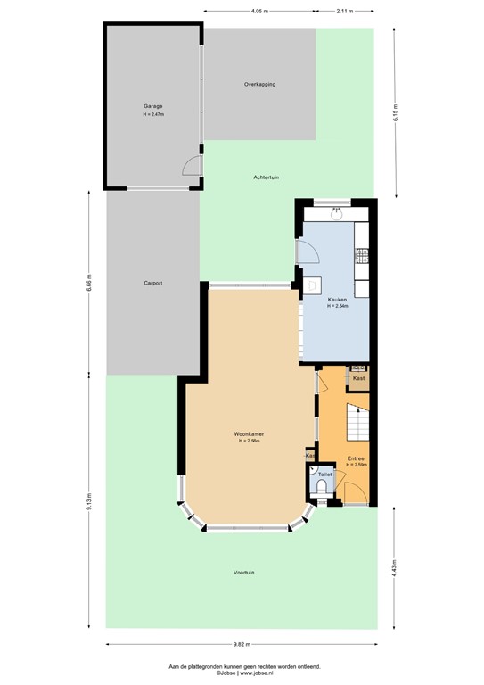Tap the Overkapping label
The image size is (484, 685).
point(259,84)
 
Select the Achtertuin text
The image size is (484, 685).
point(266,177)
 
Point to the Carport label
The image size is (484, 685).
point(152,283)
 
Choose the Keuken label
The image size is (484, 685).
point(337,300)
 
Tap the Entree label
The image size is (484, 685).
point(357,458)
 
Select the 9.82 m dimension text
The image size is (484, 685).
point(242,643)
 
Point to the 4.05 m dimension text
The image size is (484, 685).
point(259,11)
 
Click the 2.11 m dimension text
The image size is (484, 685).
point(344,11)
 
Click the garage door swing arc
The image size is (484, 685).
point(190,166)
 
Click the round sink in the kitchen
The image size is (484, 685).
point(337,213)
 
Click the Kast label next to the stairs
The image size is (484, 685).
point(358,378)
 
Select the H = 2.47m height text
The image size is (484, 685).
point(155,115)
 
